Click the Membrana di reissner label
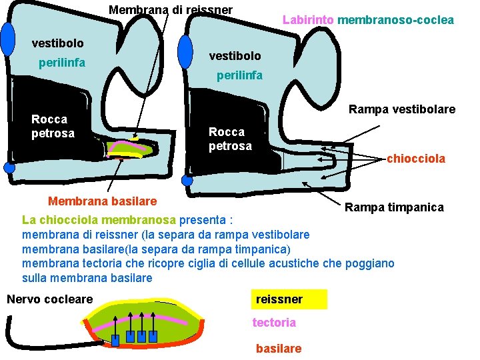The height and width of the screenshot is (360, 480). tap(171, 10)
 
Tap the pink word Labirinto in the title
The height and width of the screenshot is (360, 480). tap(308, 20)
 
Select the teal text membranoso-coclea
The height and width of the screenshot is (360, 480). tap(396, 20)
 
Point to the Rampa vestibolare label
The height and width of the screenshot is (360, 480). tap(402, 109)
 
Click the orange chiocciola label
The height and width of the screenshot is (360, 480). tap(416, 159)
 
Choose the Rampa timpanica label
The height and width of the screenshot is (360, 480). tap(394, 207)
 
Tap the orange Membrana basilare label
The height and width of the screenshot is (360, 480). tap(103, 201)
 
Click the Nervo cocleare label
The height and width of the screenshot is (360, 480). tap(50, 299)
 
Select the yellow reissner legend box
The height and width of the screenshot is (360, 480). tap(289, 299)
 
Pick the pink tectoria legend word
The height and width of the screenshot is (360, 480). tap(274, 323)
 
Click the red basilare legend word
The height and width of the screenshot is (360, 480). tap(279, 349)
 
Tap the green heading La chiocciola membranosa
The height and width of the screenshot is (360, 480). tap(99, 219)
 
